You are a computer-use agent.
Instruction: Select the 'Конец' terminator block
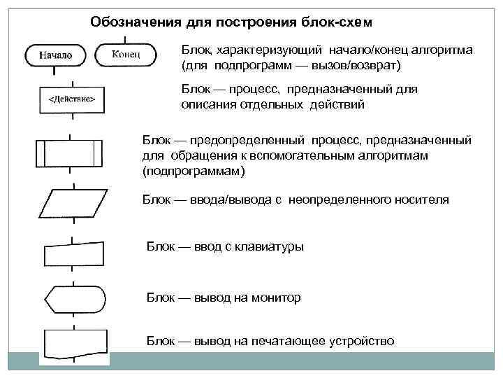click(126, 53)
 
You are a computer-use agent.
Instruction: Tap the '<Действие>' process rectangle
click(71, 99)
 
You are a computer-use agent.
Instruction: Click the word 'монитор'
click(277, 297)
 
